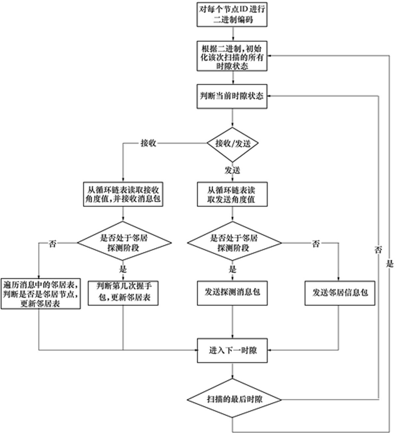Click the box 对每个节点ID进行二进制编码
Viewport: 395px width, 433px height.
click(232, 14)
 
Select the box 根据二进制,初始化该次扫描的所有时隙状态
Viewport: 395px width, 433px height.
click(232, 56)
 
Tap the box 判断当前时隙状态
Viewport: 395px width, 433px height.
click(232, 96)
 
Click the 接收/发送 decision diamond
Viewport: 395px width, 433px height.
click(233, 144)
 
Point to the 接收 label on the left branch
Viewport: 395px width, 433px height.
click(148, 143)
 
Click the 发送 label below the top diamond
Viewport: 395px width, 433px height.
click(232, 170)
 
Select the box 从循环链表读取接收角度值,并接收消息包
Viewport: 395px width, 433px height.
click(123, 195)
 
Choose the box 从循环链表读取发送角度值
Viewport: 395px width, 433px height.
click(232, 195)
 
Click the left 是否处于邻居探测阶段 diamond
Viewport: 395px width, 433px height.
click(124, 243)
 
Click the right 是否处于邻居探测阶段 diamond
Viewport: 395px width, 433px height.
click(234, 243)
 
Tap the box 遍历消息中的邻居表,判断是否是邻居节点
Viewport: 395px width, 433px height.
click(40, 293)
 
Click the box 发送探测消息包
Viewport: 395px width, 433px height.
click(232, 292)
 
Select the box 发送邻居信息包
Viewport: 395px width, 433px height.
click(340, 293)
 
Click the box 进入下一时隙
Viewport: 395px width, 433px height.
click(232, 350)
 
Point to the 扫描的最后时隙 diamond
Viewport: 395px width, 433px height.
click(234, 399)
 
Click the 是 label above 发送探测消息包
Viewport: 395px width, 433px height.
click(232, 269)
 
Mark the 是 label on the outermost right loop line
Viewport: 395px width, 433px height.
click(389, 263)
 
